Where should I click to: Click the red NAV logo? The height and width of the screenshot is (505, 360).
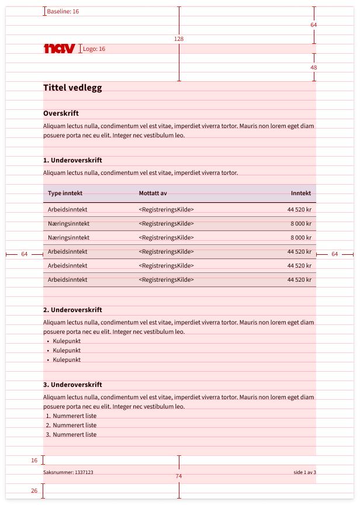click(59, 49)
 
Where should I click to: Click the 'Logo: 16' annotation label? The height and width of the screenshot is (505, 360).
click(94, 49)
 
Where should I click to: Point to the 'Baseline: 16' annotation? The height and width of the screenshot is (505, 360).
click(63, 12)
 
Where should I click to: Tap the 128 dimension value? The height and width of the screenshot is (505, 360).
click(179, 39)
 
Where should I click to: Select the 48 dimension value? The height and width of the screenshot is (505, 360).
click(314, 68)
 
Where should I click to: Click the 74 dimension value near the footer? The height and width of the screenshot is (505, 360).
click(179, 476)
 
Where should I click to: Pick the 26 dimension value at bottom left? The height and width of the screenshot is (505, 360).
click(34, 491)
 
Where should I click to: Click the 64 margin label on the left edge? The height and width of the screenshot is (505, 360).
click(24, 254)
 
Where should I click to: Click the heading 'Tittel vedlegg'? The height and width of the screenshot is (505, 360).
click(72, 88)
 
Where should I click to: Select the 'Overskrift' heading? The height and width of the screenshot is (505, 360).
click(61, 113)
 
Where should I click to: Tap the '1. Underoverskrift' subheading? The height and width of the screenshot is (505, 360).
click(72, 160)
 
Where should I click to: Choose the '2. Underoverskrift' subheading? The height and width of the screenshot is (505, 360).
click(72, 310)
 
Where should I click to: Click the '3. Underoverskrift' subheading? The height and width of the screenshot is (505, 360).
click(72, 385)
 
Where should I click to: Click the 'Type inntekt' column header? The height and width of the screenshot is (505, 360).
click(65, 193)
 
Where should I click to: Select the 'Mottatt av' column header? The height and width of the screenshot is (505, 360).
click(153, 193)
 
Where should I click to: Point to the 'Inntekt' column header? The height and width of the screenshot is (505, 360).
click(301, 193)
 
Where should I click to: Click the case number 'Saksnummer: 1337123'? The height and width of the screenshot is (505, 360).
click(68, 472)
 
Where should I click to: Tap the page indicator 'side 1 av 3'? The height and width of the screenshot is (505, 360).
click(304, 472)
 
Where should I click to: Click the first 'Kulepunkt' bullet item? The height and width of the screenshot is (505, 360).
click(67, 341)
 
